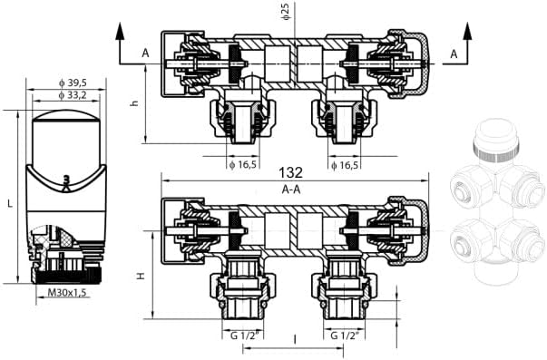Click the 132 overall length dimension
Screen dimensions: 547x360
click(x=291, y=172)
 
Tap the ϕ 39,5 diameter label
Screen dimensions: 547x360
click(x=73, y=83)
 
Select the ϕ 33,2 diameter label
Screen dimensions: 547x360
click(x=73, y=95)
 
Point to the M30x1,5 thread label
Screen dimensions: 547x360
click(x=66, y=292)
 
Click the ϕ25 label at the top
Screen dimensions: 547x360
click(x=286, y=11)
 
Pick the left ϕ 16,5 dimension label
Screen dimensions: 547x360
click(x=242, y=165)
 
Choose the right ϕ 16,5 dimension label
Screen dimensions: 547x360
click(x=345, y=165)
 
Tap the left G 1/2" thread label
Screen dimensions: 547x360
click(x=245, y=336)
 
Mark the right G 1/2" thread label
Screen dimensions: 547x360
click(x=345, y=336)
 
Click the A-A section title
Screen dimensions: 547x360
click(x=291, y=190)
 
